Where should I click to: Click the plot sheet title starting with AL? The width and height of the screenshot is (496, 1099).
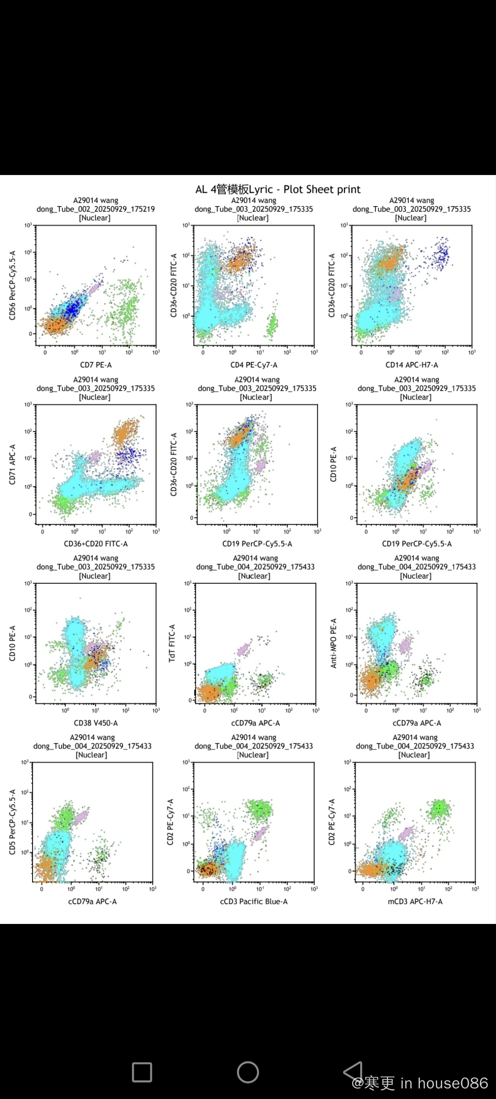click(x=278, y=190)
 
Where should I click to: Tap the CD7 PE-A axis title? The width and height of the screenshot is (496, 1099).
click(x=96, y=365)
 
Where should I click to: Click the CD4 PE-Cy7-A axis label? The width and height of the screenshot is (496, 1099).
click(x=254, y=365)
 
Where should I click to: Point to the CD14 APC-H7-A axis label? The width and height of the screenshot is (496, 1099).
click(x=412, y=365)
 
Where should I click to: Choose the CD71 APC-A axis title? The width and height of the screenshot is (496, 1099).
click(x=13, y=464)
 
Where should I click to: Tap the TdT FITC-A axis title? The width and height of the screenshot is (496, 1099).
click(x=172, y=643)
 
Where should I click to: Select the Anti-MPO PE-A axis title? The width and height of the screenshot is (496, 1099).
click(x=334, y=643)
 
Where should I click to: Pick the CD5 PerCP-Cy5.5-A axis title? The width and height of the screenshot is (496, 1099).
click(x=13, y=822)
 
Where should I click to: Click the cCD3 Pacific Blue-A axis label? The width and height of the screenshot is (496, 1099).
click(x=254, y=902)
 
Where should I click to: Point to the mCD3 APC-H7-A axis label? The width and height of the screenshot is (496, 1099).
click(x=415, y=902)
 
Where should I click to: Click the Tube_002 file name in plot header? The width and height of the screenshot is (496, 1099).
click(x=95, y=209)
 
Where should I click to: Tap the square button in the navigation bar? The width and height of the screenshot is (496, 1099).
click(x=142, y=1072)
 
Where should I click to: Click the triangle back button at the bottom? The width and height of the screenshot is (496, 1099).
click(x=354, y=1071)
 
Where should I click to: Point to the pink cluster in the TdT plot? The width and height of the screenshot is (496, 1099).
click(x=244, y=650)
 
